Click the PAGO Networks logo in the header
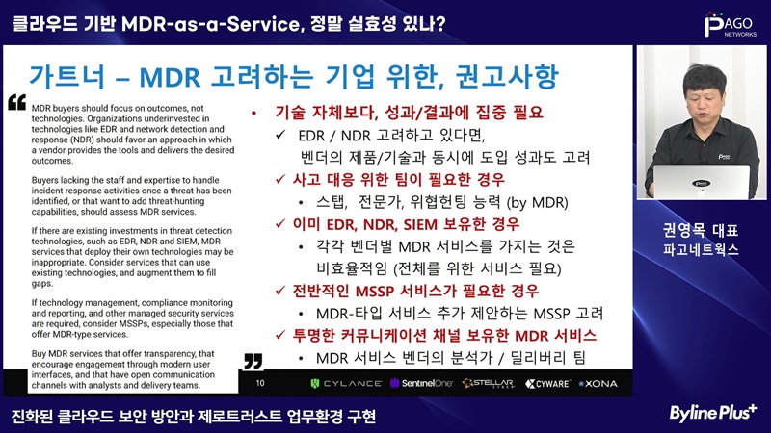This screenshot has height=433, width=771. pyautogui.click(x=731, y=25)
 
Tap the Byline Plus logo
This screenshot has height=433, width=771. pyautogui.click(x=712, y=414)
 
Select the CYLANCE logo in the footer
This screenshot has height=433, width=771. pyautogui.click(x=346, y=383)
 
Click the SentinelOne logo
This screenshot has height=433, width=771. pyautogui.click(x=421, y=383)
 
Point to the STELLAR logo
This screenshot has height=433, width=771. pyautogui.click(x=489, y=383)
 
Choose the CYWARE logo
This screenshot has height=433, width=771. pyautogui.click(x=547, y=383)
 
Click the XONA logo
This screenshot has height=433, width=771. pyautogui.click(x=598, y=383)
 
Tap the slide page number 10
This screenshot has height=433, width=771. pyautogui.click(x=260, y=383)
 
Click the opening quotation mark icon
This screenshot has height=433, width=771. pyautogui.click(x=16, y=102)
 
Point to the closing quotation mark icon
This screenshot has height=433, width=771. pyautogui.click(x=253, y=361)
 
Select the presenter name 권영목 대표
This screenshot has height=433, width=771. pyautogui.click(x=701, y=230)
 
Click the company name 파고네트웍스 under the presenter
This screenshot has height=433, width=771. pyautogui.click(x=701, y=250)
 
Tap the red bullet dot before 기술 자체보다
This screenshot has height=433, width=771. pyautogui.click(x=253, y=114)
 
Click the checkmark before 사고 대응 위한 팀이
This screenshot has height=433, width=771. pyautogui.click(x=280, y=179)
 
